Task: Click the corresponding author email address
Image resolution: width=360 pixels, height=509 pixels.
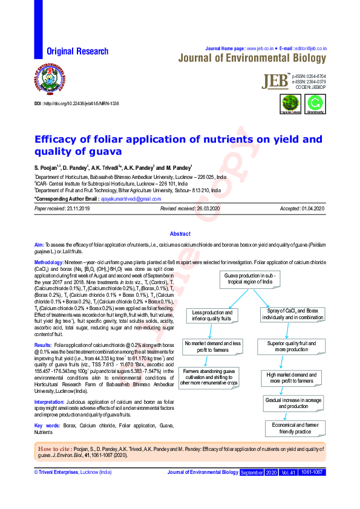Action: pyautogui.click(x=131, y=198)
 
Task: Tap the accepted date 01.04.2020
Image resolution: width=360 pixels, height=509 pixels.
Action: pyautogui.click(x=310, y=209)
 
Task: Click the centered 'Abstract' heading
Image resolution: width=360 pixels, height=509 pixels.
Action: pyautogui.click(x=180, y=233)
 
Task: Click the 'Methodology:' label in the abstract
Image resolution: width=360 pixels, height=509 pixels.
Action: pyautogui.click(x=53, y=263)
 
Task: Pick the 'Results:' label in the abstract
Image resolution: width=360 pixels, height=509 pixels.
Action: pyautogui.click(x=43, y=344)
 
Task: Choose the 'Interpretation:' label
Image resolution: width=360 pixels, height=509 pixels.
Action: pyautogui.click(x=49, y=401)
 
